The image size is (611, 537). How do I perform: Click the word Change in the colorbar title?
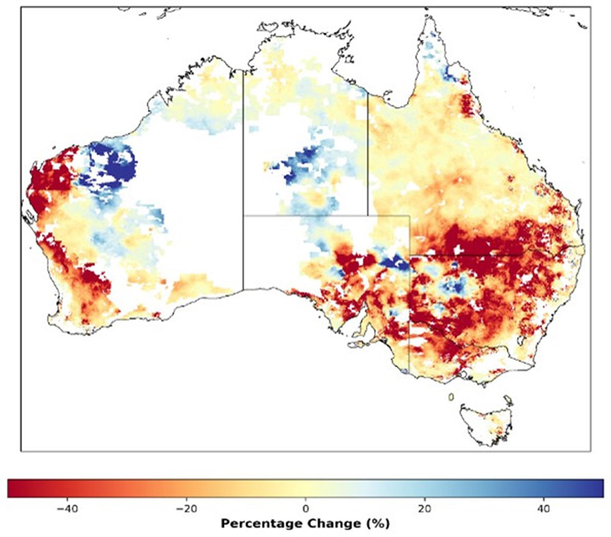click(330, 524)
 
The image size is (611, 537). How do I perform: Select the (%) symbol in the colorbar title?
click(373, 524)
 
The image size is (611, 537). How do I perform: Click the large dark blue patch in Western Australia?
click(110, 165)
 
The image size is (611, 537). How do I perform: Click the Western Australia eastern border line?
click(243, 183)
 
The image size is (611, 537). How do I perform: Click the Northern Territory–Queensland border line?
click(368, 153)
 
